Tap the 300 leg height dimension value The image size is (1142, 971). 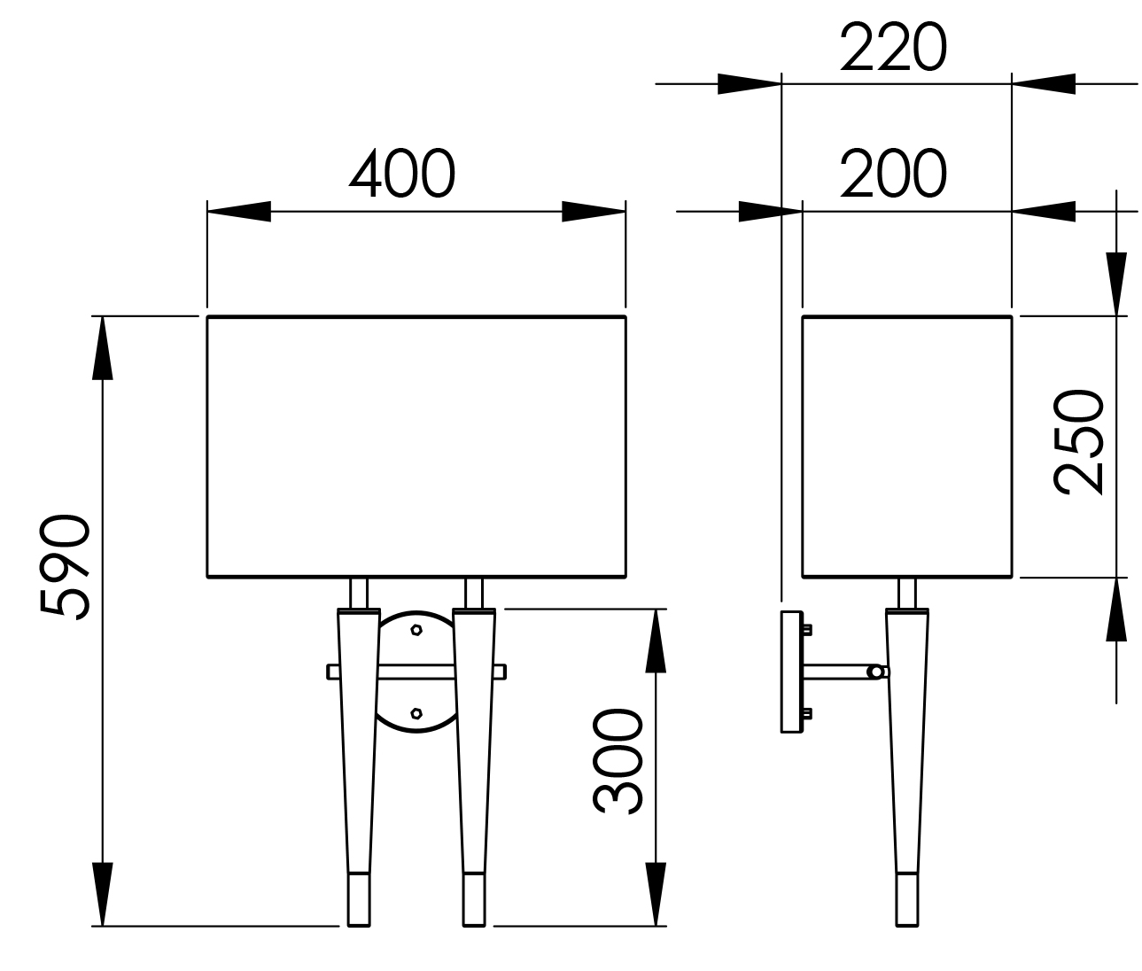[618, 761]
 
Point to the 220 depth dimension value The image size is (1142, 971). [893, 48]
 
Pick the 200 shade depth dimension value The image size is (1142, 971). [893, 175]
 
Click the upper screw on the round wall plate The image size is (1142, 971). [416, 630]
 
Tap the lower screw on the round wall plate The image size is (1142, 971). [416, 712]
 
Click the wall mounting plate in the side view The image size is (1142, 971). [789, 671]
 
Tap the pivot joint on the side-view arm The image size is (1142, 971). [876, 672]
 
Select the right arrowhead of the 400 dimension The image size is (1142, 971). [594, 212]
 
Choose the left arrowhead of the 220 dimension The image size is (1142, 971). [750, 84]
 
